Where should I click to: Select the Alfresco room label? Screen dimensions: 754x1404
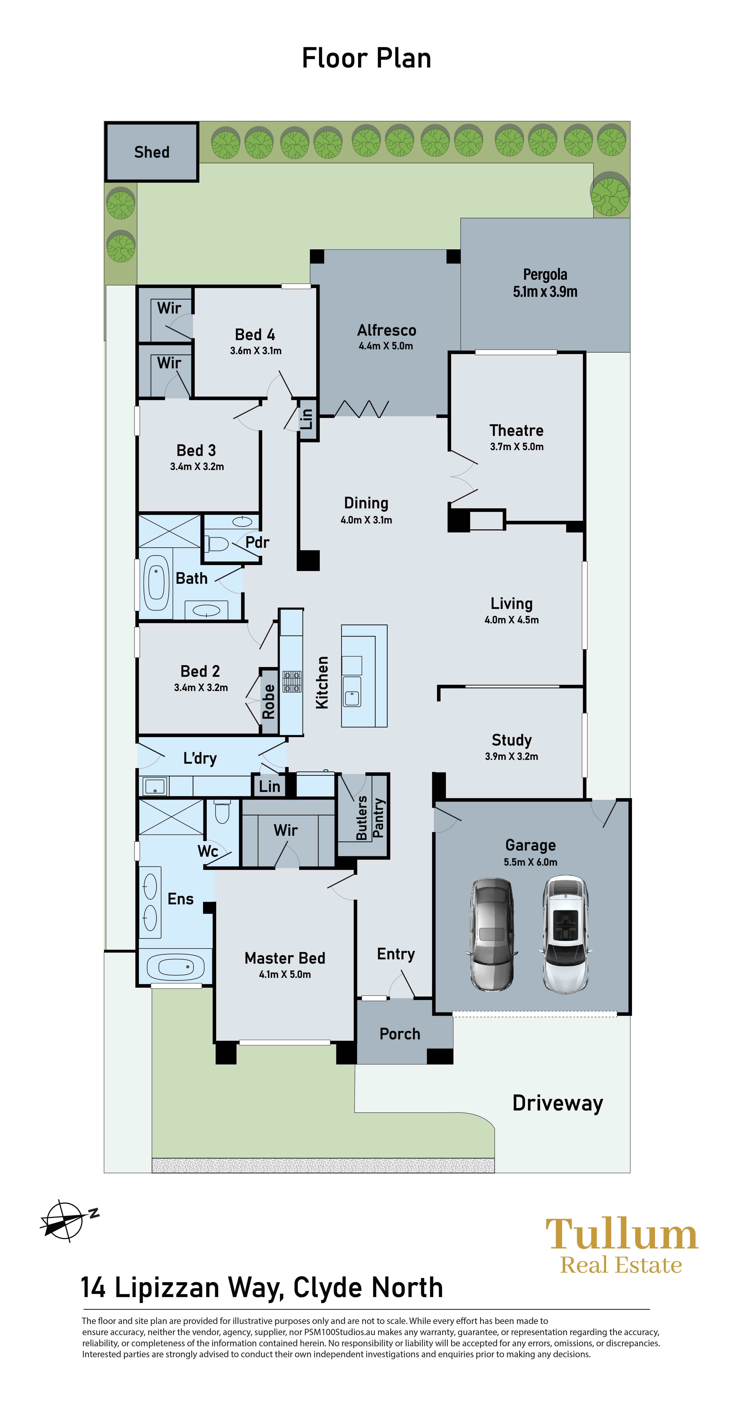coord(387,330)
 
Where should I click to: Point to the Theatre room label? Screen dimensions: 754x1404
coord(516,431)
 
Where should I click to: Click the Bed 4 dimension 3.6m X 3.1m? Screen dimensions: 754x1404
coord(256,350)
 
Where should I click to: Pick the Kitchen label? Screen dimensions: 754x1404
coord(322,682)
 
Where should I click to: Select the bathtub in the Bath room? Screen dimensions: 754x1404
coord(156,583)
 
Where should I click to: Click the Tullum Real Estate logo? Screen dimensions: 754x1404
coord(622,1246)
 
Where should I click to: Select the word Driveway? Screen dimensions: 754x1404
coord(558,1103)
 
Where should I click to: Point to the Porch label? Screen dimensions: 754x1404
coord(400,1034)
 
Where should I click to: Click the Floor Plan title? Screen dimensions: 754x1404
coord(366,58)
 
